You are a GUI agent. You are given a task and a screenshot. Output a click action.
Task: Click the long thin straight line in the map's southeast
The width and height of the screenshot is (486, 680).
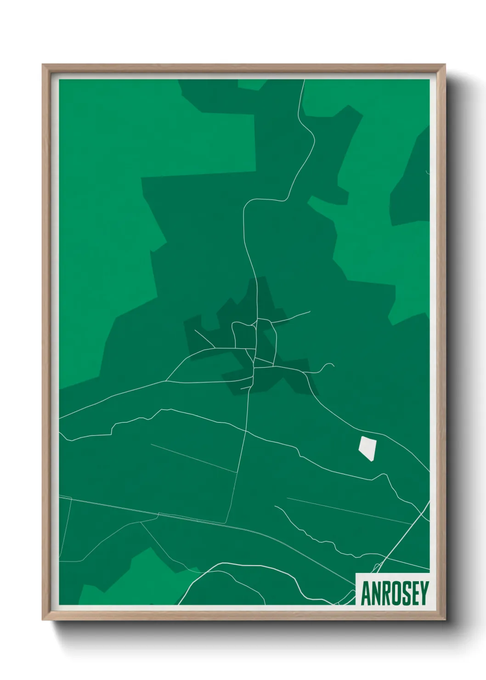[349, 510]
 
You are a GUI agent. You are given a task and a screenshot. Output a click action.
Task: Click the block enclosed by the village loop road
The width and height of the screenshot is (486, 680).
[243, 335]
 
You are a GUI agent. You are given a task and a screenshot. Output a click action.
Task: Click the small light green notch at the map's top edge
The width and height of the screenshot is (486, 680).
[250, 84]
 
